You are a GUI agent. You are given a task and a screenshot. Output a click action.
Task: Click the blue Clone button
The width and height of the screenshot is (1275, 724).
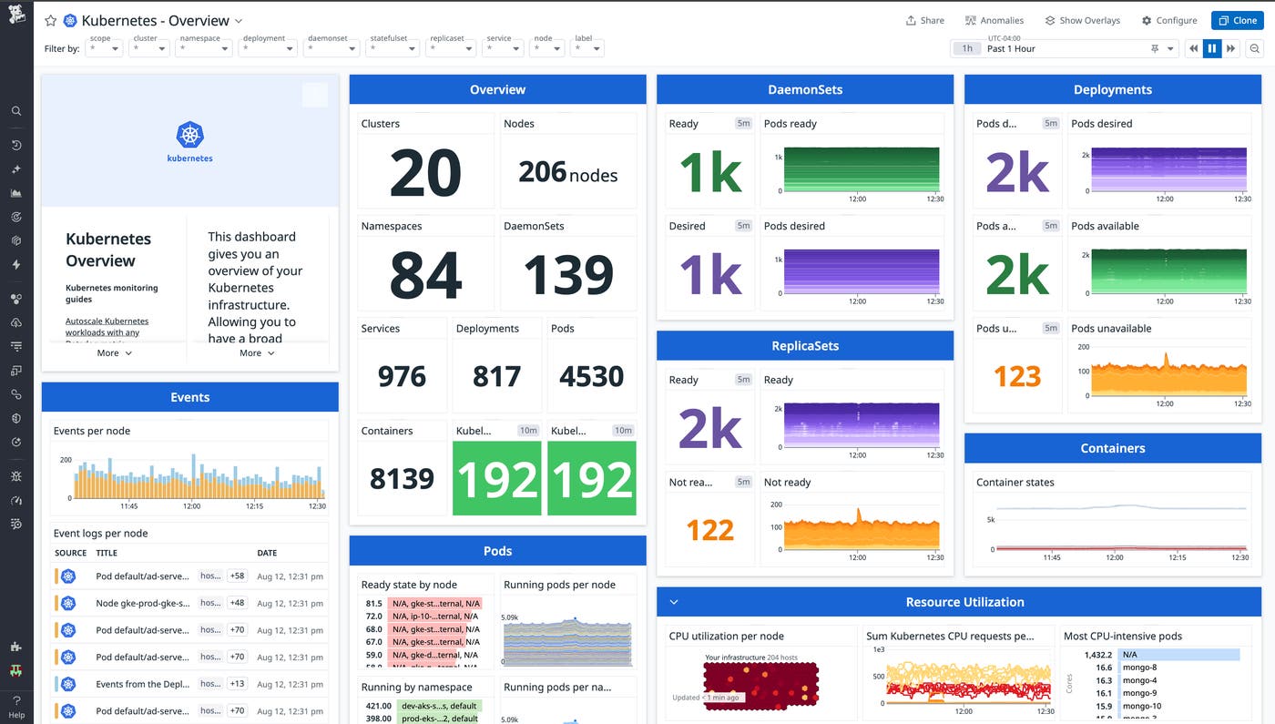[1237, 20]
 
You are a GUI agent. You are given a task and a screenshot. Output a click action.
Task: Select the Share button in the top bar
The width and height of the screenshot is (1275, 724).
[924, 20]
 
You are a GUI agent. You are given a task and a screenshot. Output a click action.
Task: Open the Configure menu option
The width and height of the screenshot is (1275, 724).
[1169, 20]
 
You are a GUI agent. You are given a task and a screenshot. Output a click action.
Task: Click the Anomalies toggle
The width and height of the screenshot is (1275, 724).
[994, 20]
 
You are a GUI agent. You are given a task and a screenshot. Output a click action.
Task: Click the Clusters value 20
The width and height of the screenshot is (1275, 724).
[424, 173]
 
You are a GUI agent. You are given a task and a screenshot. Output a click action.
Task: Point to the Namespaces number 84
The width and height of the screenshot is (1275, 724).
[424, 275]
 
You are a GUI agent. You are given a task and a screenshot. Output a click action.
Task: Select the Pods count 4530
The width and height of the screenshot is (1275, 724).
[592, 376]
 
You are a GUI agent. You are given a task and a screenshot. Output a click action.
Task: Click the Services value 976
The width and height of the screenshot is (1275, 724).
[402, 376]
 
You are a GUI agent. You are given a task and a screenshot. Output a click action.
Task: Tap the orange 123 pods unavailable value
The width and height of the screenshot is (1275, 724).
[1016, 376]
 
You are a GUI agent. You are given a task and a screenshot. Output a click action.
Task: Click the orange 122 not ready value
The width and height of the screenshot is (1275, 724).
[709, 530]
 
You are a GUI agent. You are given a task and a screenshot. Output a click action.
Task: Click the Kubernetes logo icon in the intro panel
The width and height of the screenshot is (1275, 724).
[189, 136]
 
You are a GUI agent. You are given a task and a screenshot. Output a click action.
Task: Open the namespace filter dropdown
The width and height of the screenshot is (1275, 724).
[205, 49]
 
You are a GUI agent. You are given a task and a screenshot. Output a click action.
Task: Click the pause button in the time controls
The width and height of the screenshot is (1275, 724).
[1211, 49]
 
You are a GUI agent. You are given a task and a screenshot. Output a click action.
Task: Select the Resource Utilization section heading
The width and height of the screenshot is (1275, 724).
[964, 602]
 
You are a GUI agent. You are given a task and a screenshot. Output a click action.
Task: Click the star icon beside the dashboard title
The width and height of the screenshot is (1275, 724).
[51, 20]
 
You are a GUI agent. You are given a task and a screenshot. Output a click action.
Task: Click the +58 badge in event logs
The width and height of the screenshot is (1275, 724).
[238, 576]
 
